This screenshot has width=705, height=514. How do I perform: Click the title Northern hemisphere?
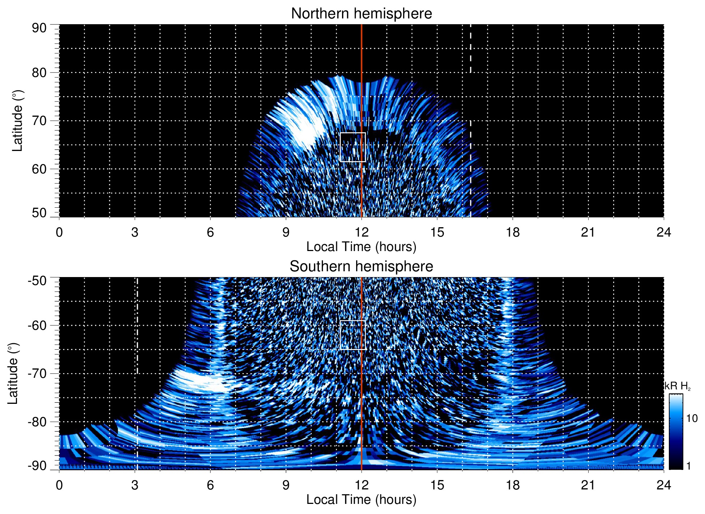361,14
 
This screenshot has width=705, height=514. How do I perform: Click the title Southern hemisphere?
361,267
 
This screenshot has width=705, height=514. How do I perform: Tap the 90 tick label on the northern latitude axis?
39,28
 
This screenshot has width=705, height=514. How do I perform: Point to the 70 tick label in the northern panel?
39,121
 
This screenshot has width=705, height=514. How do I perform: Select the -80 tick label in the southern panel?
37,422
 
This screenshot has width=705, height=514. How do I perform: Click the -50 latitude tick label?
37,281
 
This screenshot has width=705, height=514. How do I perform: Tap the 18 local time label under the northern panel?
512,232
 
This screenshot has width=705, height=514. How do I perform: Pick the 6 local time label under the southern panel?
210,485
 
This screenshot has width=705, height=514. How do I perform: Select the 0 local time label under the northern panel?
59,232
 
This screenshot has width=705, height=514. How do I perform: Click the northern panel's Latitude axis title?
17,121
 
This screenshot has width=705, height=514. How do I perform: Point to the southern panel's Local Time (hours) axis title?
361,500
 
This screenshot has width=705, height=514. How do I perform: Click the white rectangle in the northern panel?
352,147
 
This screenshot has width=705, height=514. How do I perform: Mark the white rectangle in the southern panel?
352,335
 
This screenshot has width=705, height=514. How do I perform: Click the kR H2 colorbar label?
678,386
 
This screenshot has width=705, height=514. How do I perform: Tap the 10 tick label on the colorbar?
692,418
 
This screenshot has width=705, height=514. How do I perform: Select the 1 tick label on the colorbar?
688,466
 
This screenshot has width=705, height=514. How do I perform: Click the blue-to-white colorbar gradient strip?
675,432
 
